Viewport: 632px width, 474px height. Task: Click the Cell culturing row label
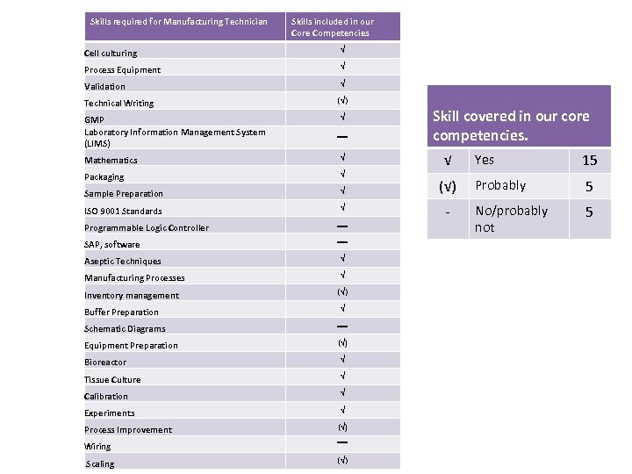coord(111,54)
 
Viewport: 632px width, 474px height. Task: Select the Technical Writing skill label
coord(118,104)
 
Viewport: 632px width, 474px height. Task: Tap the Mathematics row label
coord(111,161)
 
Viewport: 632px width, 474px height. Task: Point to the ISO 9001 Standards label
coord(123,212)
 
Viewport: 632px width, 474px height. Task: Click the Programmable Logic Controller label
coord(147,228)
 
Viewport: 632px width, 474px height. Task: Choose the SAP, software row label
coord(111,245)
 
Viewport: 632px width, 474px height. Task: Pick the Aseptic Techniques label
coord(123,262)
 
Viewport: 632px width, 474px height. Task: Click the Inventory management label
coord(132,296)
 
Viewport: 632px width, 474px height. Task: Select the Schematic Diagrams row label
coord(125,329)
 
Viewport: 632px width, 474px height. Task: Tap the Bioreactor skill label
coord(105,363)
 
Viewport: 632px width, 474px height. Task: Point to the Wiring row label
coord(97,447)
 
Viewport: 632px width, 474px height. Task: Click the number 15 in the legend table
coord(589,160)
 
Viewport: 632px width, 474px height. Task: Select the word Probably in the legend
coord(499,185)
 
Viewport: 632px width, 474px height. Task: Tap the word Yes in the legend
coord(484,160)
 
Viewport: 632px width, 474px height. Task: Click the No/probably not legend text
coord(510,219)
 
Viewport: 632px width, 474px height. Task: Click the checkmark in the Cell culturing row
coord(343,50)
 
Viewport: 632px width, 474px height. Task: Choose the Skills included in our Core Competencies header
coord(332,27)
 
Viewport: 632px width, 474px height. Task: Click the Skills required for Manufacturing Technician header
coord(179,22)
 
